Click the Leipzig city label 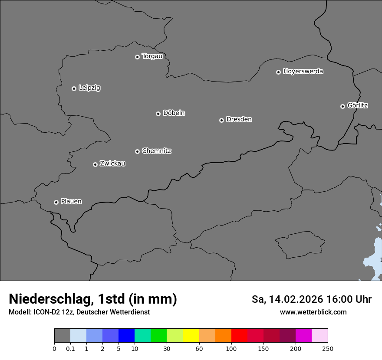(x=89, y=88)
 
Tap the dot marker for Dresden (x=221, y=120)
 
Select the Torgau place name (x=152, y=56)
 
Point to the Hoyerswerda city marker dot (x=278, y=72)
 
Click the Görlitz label (x=357, y=105)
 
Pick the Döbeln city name (x=174, y=113)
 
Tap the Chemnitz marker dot (x=137, y=151)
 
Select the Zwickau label (x=112, y=164)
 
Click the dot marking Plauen (x=56, y=202)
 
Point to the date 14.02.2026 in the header (x=296, y=299)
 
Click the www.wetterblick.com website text (x=313, y=312)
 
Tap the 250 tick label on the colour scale (x=328, y=348)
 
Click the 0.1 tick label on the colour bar (x=70, y=348)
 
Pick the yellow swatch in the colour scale (x=191, y=336)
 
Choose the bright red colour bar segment (x=239, y=336)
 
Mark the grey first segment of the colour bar (x=62, y=336)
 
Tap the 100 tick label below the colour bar (x=231, y=348)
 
